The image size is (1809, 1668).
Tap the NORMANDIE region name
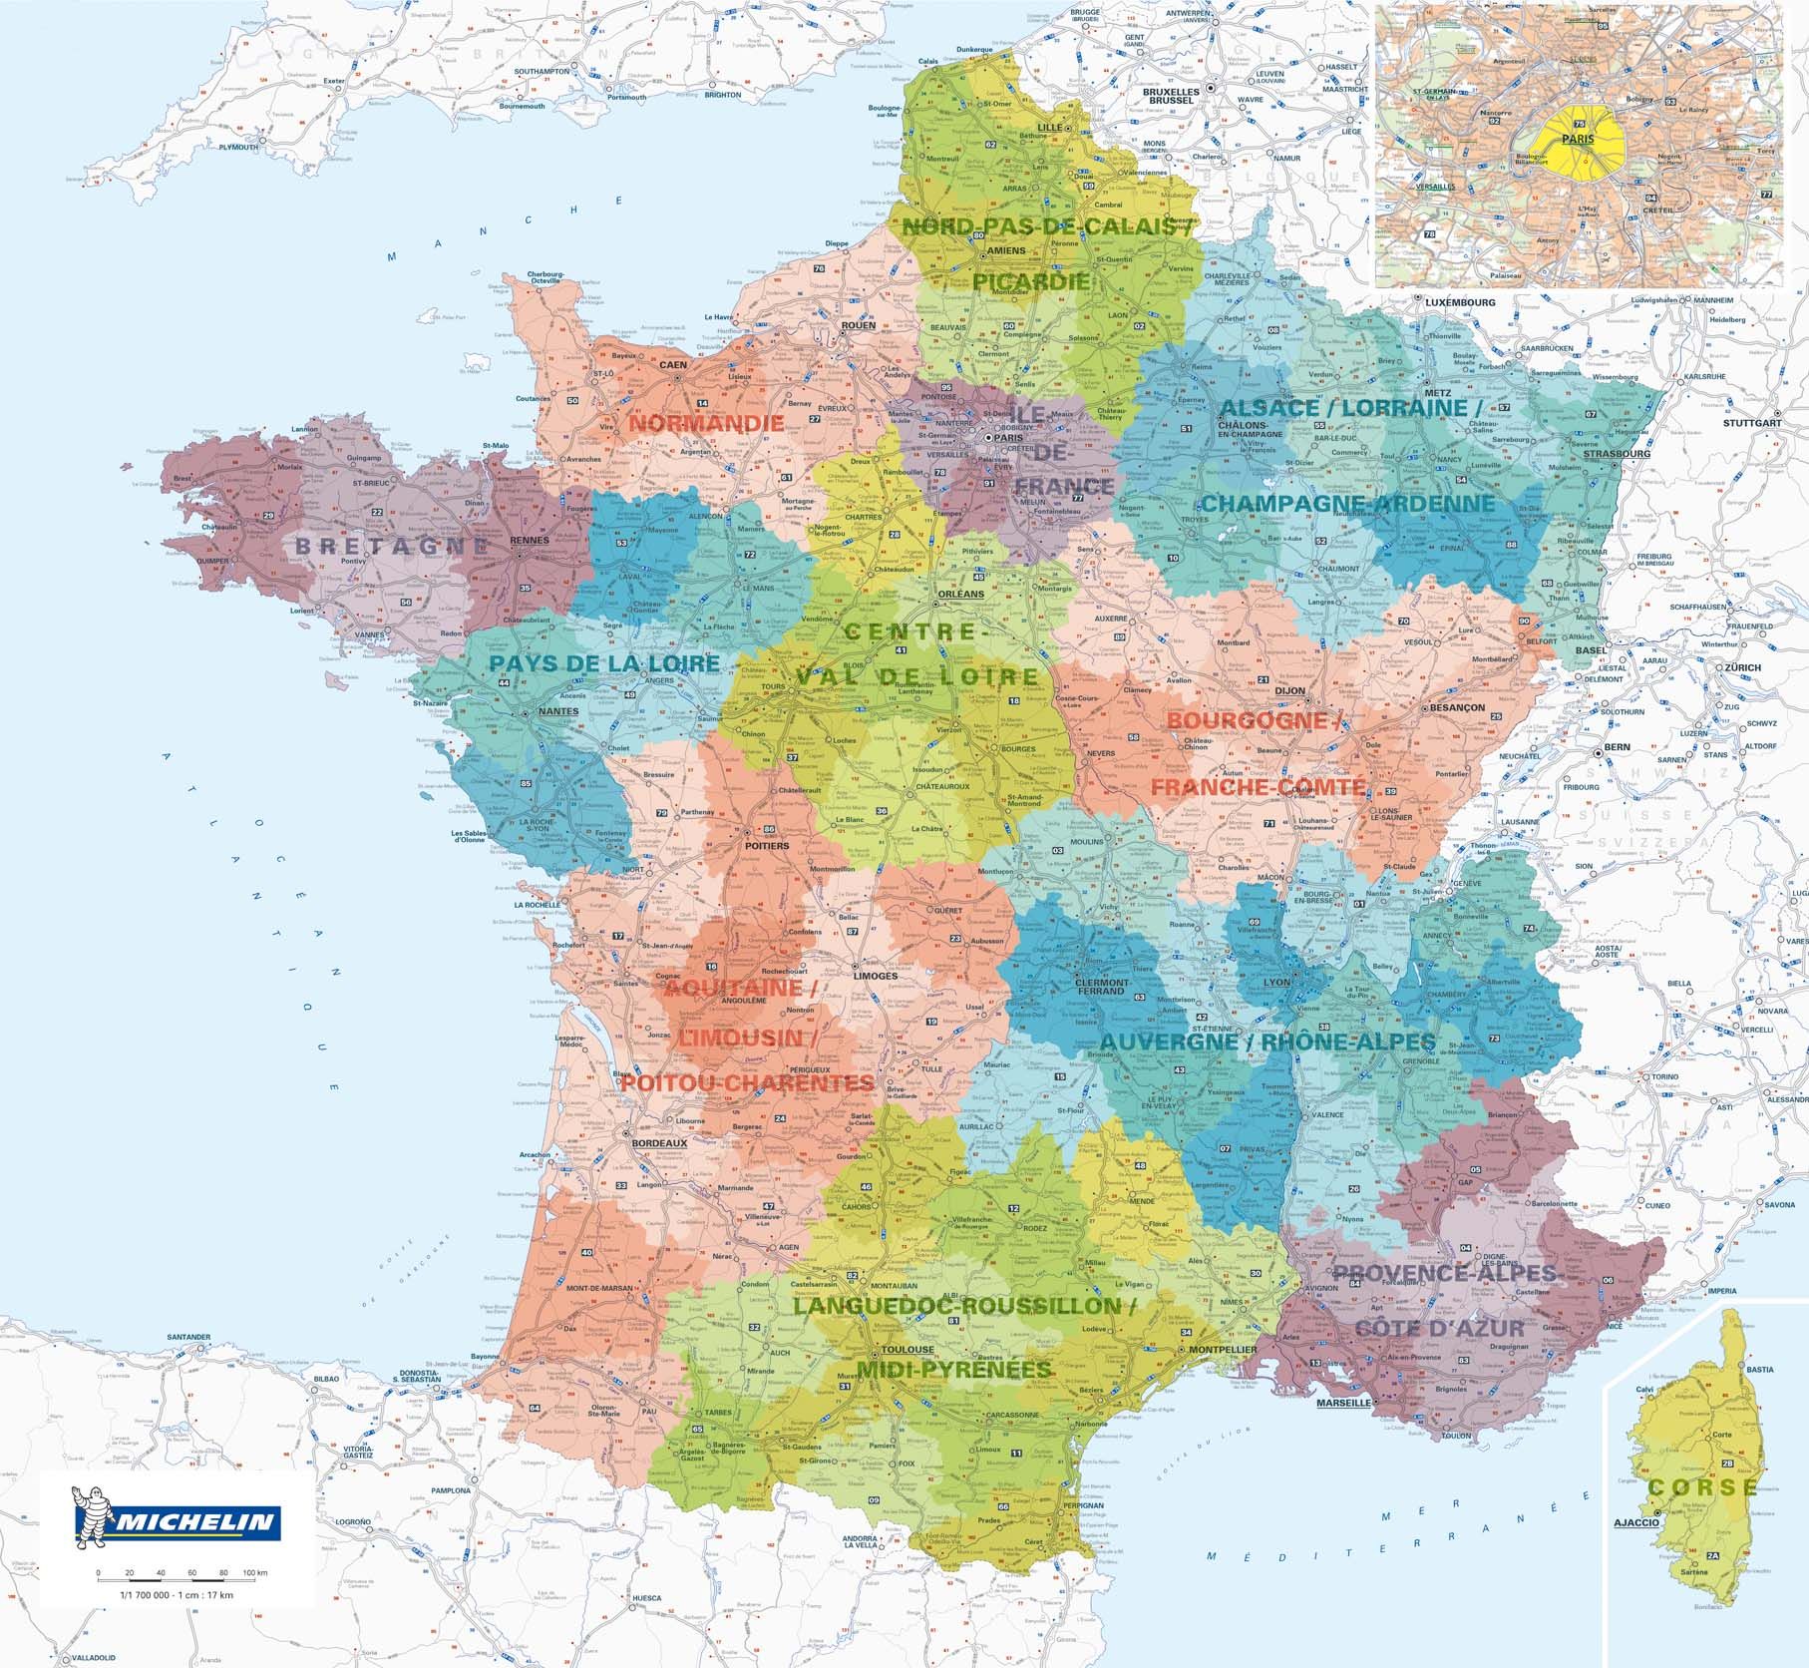pos(706,423)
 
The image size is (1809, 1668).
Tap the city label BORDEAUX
pos(659,1142)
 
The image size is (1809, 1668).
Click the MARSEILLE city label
pos(1343,1402)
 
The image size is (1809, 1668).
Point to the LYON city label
pos(1276,982)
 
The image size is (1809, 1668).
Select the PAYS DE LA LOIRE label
pos(604,663)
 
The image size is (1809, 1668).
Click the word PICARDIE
pos(1031,281)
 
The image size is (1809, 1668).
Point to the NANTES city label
pos(557,711)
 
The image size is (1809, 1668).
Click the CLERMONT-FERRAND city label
pos(1101,987)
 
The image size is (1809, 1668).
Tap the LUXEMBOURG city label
pos(1460,302)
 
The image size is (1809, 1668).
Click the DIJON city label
pos(1289,690)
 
